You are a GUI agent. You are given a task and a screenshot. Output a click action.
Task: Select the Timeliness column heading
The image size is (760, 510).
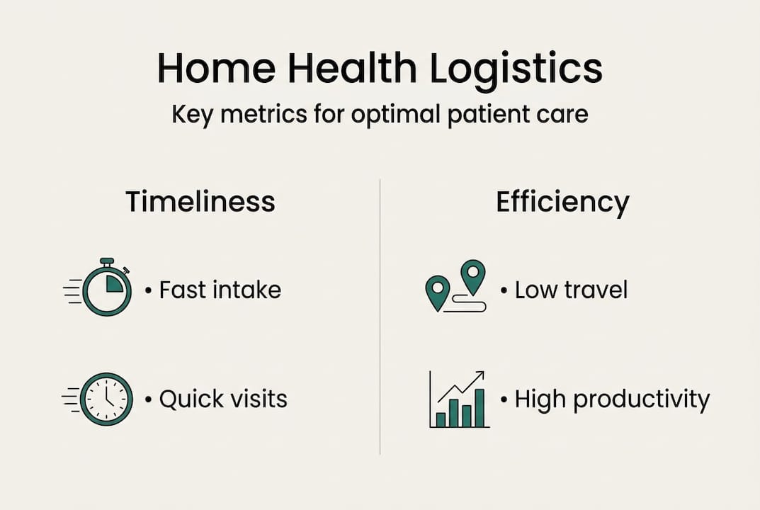[200, 202]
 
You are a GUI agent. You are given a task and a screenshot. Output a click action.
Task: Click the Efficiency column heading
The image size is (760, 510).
[562, 202]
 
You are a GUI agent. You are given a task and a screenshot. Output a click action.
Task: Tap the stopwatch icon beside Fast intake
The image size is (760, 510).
[107, 289]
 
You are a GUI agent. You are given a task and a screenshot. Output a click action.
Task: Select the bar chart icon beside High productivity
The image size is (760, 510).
[459, 400]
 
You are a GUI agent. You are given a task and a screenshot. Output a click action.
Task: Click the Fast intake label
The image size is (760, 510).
[220, 290]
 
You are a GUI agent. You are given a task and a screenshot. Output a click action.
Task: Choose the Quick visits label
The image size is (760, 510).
[223, 399]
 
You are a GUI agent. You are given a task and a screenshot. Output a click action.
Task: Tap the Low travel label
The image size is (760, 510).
[571, 290]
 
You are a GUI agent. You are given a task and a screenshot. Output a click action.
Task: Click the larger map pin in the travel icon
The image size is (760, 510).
[472, 276]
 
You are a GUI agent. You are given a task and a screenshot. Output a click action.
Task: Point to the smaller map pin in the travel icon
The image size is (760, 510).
[437, 291]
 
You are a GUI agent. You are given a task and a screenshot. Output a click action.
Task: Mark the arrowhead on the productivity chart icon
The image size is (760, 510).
[480, 375]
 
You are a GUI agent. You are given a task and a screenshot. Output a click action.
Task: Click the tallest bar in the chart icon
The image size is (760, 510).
[480, 408]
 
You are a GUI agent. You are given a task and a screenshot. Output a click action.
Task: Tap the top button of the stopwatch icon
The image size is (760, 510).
[107, 261]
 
